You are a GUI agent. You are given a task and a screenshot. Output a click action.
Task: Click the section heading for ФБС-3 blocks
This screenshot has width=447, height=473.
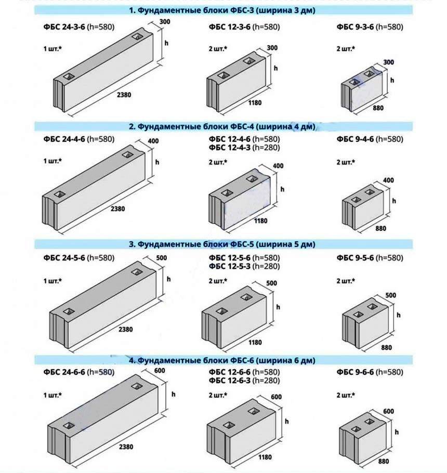coord(222,10)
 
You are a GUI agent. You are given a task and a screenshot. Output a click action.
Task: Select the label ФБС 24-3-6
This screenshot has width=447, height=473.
coord(64,27)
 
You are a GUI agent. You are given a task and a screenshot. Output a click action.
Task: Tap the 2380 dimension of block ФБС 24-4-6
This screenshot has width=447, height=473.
coord(117,209)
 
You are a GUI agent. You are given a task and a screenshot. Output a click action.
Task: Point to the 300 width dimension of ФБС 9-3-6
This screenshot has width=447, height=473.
coord(388,62)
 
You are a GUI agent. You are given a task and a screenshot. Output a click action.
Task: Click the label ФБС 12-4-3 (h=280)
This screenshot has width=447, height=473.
coord(244,148)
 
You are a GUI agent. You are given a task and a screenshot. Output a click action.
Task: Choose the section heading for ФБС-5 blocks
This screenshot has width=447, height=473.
coord(222,244)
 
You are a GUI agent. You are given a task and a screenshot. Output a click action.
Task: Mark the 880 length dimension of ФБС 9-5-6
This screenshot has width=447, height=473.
coord(386,348)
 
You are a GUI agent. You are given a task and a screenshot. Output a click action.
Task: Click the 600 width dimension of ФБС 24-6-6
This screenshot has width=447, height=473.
coord(160,371)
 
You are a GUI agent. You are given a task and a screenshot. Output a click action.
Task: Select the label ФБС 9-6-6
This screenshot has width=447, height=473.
coord(355,372)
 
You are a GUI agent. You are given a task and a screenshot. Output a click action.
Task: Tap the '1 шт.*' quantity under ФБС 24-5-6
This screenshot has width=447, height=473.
coord(52,281)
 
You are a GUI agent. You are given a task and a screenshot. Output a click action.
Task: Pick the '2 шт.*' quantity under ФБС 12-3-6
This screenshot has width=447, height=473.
coord(218,48)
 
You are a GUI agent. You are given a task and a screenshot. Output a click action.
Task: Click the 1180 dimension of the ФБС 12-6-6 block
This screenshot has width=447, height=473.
coord(265,457)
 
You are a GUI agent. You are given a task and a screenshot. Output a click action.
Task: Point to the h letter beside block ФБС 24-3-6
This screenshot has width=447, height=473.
coord(166,43)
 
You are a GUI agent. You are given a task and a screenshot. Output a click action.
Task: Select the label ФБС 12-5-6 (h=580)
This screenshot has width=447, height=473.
coord(244,258)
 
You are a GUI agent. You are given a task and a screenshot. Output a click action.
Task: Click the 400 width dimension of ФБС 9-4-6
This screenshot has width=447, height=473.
coord(388,180)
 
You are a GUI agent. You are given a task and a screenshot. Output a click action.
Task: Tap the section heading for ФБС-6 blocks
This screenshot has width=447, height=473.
coord(222,361)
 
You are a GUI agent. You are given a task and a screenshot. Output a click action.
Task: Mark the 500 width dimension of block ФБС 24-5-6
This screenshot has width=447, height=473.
coord(162,258)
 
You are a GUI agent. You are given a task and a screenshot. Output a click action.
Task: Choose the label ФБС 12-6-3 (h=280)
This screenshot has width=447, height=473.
coord(244,380)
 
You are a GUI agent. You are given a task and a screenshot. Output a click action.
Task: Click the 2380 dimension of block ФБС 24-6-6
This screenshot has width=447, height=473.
coord(126,447)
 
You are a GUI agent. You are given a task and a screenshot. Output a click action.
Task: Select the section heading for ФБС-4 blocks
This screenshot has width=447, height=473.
coord(222,126)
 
